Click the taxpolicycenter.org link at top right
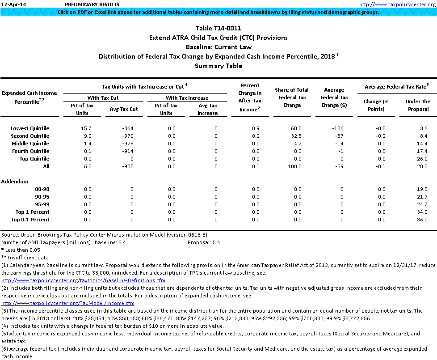click(397, 4)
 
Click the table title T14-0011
click(218, 28)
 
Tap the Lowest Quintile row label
click(30, 128)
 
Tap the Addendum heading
click(15, 182)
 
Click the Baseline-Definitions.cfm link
click(83, 280)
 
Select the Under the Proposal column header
click(418, 105)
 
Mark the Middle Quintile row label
click(30, 144)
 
